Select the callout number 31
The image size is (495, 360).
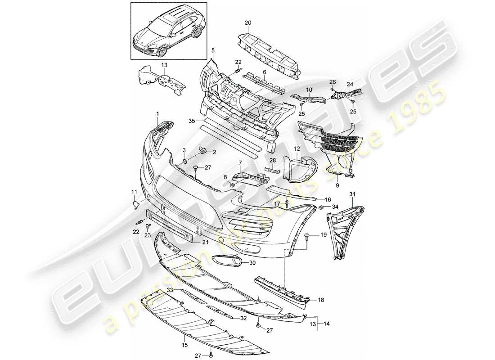pos(352,193)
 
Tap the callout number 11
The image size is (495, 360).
pos(134,193)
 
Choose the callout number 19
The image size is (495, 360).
pos(323,235)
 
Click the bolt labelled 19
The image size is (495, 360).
pos(307,236)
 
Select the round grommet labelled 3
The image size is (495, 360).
pos(185,161)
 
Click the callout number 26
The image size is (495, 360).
pos(332,82)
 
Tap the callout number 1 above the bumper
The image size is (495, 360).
pos(158,115)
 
